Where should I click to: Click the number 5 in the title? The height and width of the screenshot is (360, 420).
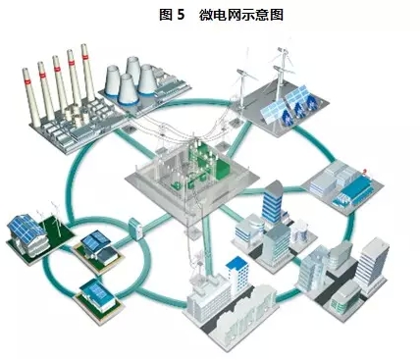point(181,15)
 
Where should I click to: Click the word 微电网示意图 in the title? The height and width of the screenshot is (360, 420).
point(241,15)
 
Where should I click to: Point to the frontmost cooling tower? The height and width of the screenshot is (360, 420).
point(128,90)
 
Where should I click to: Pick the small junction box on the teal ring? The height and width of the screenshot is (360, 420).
point(134,229)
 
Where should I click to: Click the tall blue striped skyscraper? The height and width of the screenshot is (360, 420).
point(272,203)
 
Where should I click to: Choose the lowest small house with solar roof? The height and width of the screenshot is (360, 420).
point(98,296)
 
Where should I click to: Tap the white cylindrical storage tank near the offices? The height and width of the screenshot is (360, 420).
point(299,231)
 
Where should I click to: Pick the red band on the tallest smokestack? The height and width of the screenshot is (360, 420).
point(85,58)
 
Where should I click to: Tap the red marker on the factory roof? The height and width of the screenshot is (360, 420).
point(364,171)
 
